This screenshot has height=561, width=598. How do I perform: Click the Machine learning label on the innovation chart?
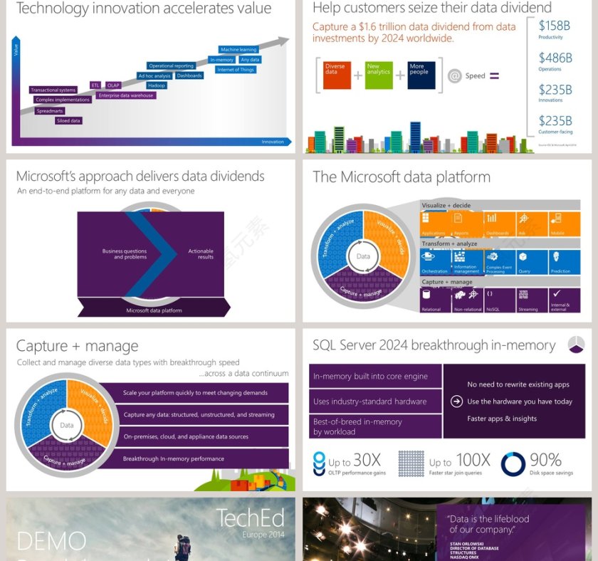[x=238, y=50]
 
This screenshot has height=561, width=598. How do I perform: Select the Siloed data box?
[x=69, y=121]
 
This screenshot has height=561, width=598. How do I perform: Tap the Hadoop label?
[x=157, y=85]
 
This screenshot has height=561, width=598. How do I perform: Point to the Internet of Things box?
[x=236, y=70]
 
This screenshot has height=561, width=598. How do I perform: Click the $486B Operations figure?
[x=555, y=58]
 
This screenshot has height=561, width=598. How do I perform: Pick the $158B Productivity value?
[x=554, y=26]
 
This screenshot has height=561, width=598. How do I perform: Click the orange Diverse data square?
[x=337, y=75]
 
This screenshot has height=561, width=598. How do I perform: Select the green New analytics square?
[x=379, y=75]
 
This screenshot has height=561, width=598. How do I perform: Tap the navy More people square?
[x=421, y=75]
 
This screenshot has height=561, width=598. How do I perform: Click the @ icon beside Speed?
[x=455, y=76]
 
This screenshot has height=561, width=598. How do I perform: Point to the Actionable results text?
[x=201, y=253]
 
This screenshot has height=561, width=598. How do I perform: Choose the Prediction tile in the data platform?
[x=565, y=262]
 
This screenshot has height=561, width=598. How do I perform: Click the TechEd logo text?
[x=250, y=518]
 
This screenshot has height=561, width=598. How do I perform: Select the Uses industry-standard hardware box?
[x=375, y=402]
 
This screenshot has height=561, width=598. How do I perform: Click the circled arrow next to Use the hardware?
[x=456, y=402]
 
